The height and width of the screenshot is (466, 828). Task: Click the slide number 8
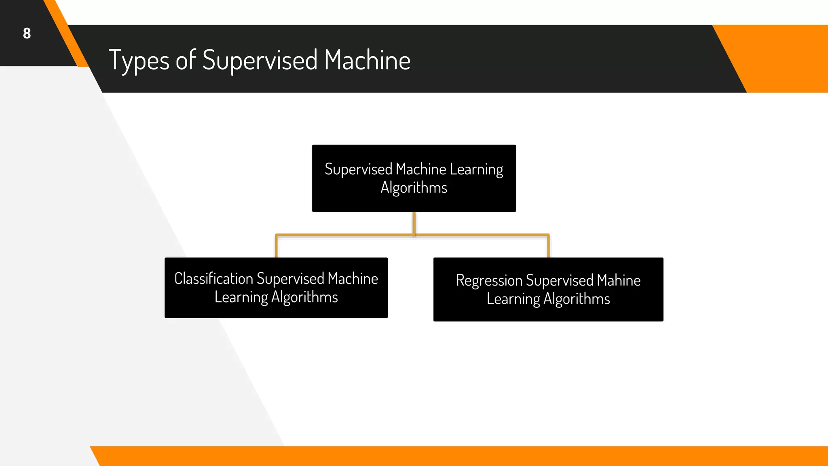[x=27, y=33]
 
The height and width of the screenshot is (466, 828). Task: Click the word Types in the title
[x=139, y=60]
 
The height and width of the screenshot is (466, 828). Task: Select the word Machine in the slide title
[x=367, y=60]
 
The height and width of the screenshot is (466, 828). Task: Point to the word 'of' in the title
[x=186, y=60]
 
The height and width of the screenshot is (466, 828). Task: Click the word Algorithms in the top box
[x=414, y=188]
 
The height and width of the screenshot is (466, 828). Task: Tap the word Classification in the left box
[x=213, y=279]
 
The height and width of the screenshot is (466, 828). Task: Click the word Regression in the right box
[x=489, y=280]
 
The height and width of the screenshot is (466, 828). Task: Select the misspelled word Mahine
[x=619, y=280]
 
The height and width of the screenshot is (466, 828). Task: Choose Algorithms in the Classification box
[x=304, y=297]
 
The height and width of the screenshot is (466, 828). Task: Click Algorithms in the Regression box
[x=577, y=299]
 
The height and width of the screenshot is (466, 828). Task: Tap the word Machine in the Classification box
[x=353, y=279]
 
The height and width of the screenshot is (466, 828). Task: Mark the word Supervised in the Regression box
[x=560, y=280]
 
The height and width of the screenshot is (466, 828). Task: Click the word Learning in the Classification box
[x=241, y=297]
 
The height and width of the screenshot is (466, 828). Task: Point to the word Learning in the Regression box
[x=513, y=299]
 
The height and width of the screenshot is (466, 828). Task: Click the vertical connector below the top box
[x=414, y=223]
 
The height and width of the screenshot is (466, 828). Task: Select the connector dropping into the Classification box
[x=277, y=246]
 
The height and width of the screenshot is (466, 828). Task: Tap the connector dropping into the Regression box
[x=548, y=246]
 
